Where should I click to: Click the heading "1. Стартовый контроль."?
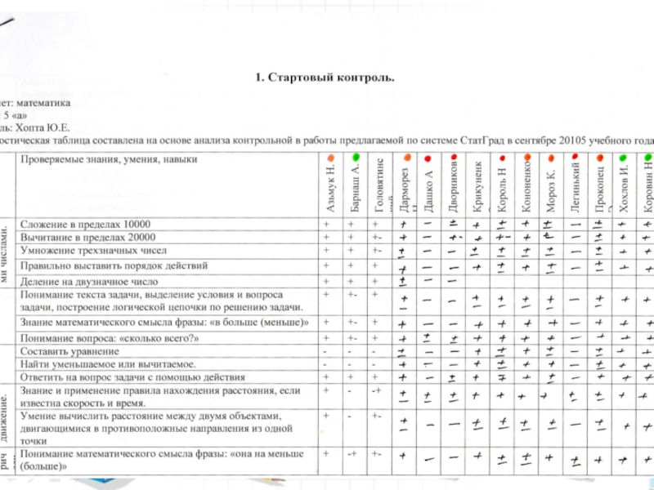325,78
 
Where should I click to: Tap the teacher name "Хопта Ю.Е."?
43,128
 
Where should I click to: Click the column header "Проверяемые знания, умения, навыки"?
110,160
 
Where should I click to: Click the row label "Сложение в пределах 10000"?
86,224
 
